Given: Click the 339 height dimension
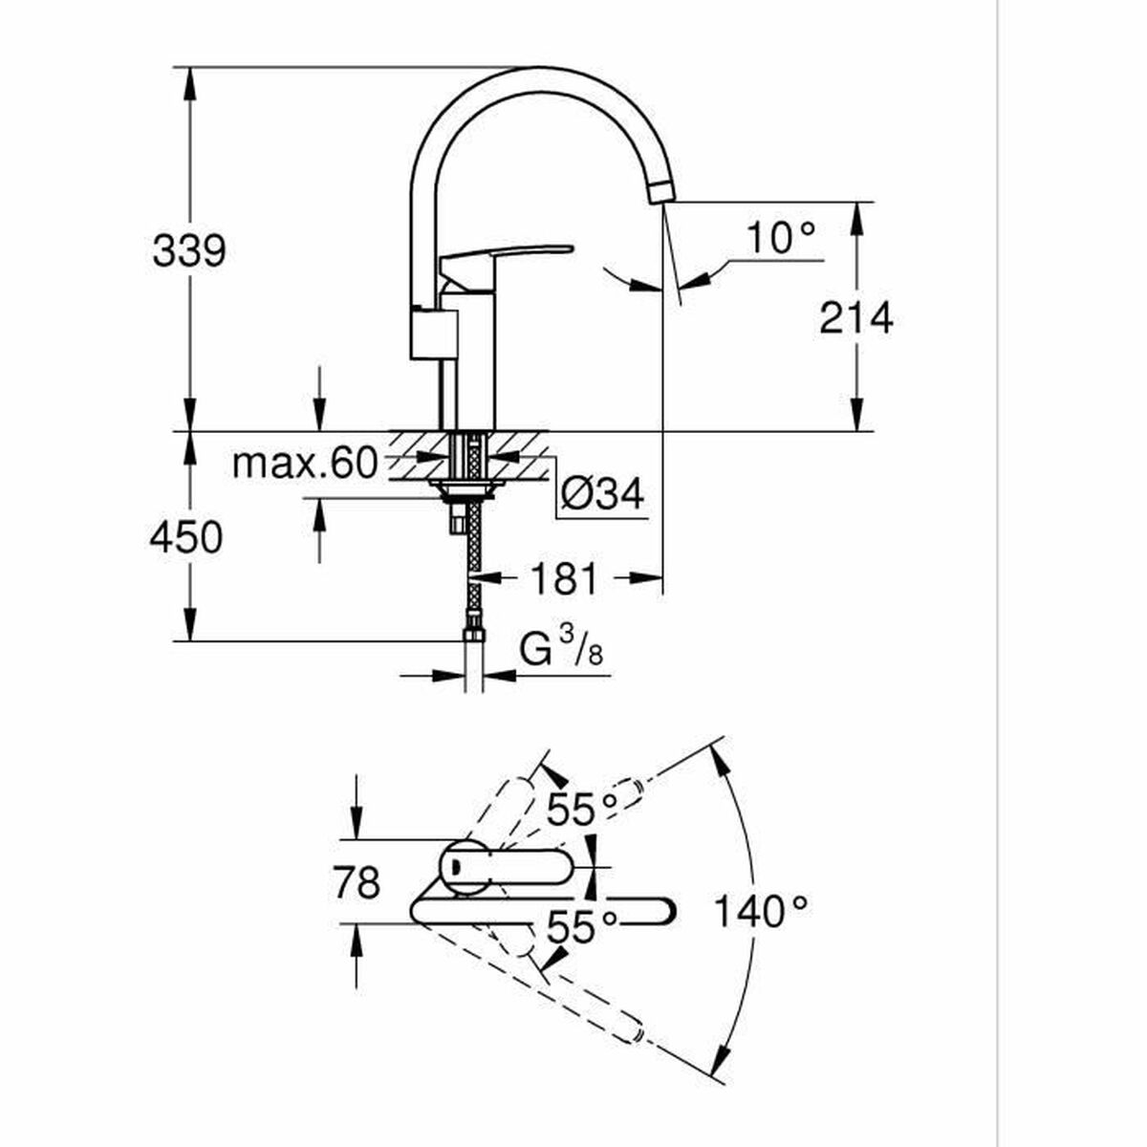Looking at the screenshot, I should (x=189, y=251).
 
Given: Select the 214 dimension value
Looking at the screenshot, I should (x=855, y=318).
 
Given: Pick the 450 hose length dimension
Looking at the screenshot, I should (x=185, y=537).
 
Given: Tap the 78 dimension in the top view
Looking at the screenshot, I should (x=357, y=881).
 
